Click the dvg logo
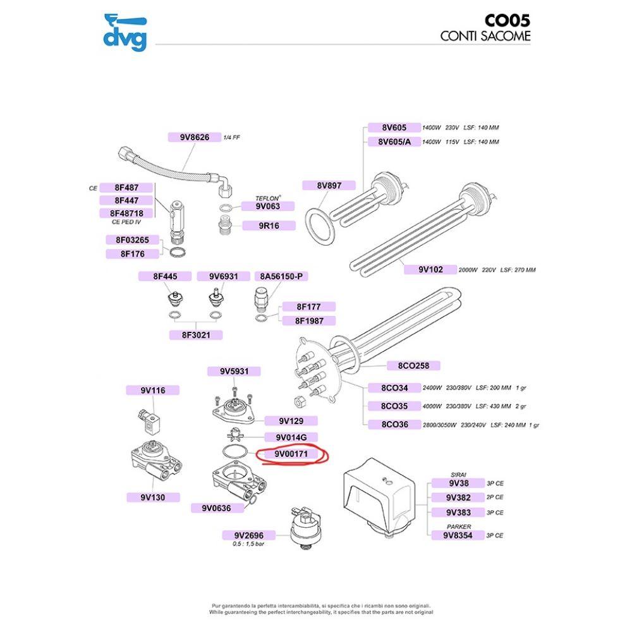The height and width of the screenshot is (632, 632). pos(125,33)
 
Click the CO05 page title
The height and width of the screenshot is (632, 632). pos(507,21)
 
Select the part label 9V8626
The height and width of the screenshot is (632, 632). pos(195,137)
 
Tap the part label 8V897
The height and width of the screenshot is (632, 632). pos(329,185)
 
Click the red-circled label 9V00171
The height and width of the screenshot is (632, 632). pos(291,454)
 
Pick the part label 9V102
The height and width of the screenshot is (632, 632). pos(430,269)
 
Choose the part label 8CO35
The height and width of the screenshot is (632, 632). pos(394,406)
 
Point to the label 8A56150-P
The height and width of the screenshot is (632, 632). pos(281,277)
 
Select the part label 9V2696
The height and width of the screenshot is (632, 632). pos(248,535)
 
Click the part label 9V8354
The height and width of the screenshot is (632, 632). pos(458,535)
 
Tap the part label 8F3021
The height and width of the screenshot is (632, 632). pos(196,335)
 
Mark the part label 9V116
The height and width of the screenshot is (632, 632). pos(153,390)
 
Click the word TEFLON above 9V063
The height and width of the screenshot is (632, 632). pos(267,198)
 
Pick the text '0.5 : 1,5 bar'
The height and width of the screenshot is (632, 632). pos(248,544)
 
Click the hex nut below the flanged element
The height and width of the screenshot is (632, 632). pos(300,401)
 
